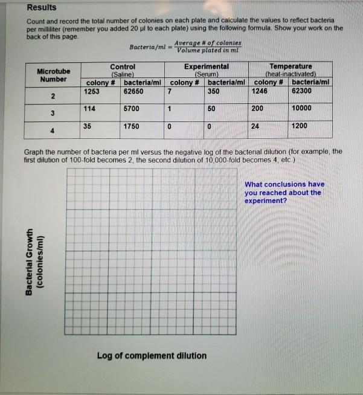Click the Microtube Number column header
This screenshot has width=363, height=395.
tap(53, 75)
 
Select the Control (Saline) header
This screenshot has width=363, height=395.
tap(123, 70)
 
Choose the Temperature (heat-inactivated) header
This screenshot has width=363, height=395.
tap(291, 70)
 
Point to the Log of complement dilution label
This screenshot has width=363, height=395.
tap(151, 355)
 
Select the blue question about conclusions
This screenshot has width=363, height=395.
tap(284, 192)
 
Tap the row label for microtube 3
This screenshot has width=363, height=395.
tap(53, 114)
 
